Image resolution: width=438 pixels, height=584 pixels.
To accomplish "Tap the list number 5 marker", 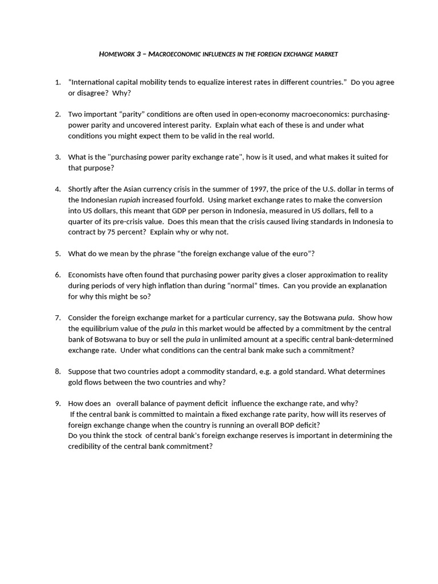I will click(58, 253).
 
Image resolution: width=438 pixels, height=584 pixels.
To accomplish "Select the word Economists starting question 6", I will click(88, 275).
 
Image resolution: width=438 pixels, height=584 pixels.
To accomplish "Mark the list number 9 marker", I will click(58, 403).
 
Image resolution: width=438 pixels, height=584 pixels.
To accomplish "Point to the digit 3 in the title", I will click(138, 54).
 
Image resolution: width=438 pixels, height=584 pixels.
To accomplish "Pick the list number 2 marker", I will click(58, 114).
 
